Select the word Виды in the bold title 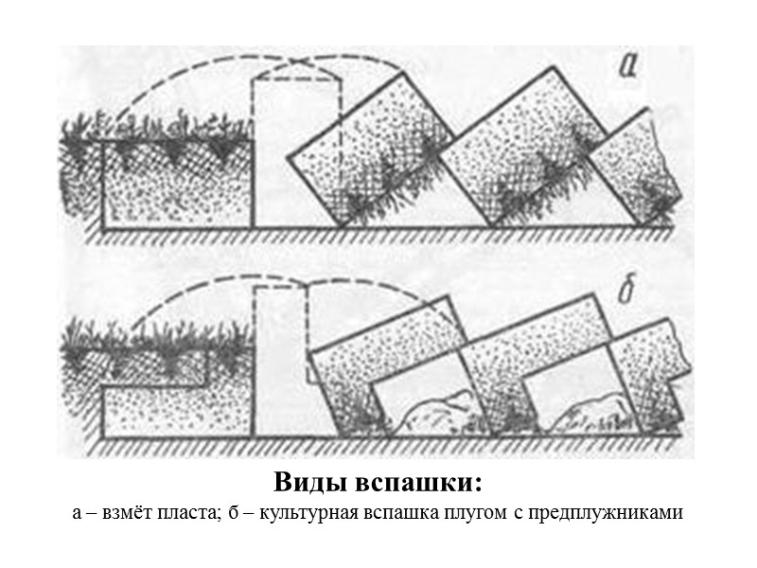click(x=313, y=482)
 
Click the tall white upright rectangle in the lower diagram click(x=281, y=369)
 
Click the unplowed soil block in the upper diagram click(x=175, y=185)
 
